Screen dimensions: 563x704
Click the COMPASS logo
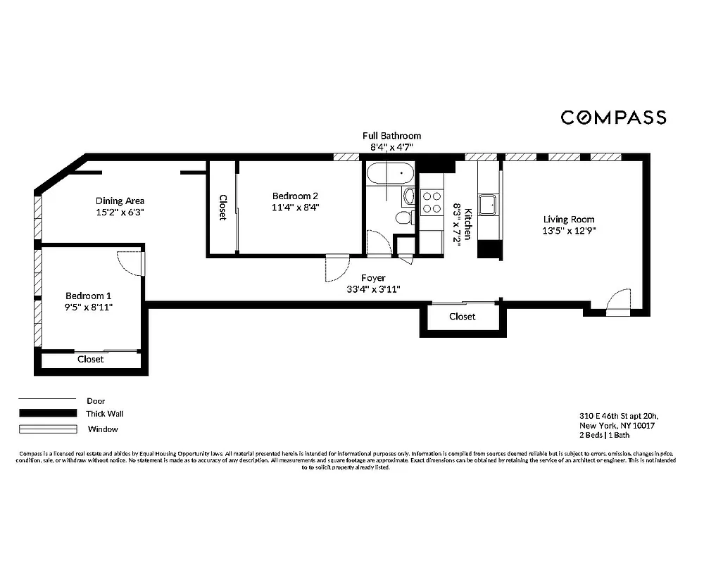coord(613,118)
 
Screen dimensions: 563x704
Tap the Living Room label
coord(568,219)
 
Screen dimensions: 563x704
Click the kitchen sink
coord(487,205)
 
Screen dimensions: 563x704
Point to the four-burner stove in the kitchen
coord(430,203)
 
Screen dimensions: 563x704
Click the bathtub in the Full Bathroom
coord(391,173)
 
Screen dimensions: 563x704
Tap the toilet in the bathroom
coord(403,218)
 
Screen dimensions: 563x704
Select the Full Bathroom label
coord(391,136)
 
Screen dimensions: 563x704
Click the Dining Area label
coord(120,201)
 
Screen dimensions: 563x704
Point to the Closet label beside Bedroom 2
coord(222,208)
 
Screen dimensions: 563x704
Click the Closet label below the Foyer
coord(462,317)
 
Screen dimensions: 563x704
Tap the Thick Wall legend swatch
coord(47,414)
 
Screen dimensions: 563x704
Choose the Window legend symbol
coord(47,429)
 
